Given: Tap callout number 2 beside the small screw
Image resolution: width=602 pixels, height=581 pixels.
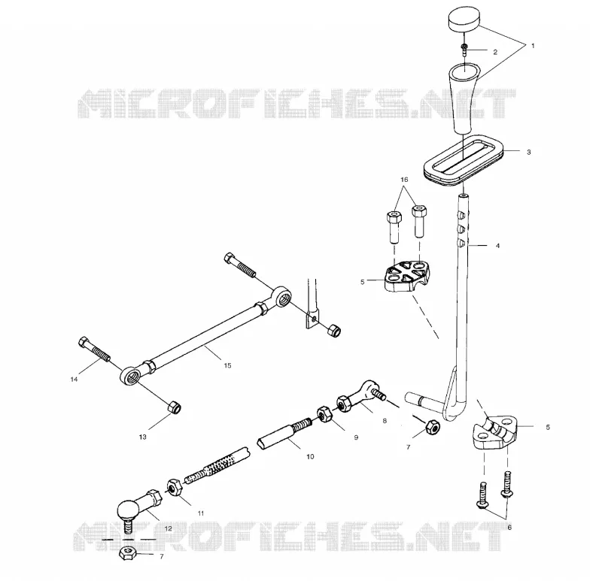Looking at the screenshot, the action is [x=495, y=52].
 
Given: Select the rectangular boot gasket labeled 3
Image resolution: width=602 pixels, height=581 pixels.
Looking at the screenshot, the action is [x=464, y=160].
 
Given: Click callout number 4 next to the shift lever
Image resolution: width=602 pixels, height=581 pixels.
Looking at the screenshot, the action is [x=498, y=246].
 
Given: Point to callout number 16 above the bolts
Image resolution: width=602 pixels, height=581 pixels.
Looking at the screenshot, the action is [x=404, y=180].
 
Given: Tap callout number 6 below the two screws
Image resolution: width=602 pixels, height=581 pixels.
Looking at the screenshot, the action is [x=509, y=528].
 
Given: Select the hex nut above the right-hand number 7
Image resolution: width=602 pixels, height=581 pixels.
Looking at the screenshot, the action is [x=432, y=427].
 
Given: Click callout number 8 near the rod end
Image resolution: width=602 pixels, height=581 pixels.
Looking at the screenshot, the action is [x=385, y=421].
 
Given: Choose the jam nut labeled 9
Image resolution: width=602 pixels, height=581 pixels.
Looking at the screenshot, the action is [x=325, y=414].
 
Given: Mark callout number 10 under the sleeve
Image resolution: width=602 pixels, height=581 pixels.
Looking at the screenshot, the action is [x=310, y=457].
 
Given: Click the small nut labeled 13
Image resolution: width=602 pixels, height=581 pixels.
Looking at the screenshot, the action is [x=175, y=407].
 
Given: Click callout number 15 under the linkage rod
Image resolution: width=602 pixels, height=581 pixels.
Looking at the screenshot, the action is [x=228, y=366].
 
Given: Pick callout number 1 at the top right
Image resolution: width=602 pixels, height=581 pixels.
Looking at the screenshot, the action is [x=533, y=46].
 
